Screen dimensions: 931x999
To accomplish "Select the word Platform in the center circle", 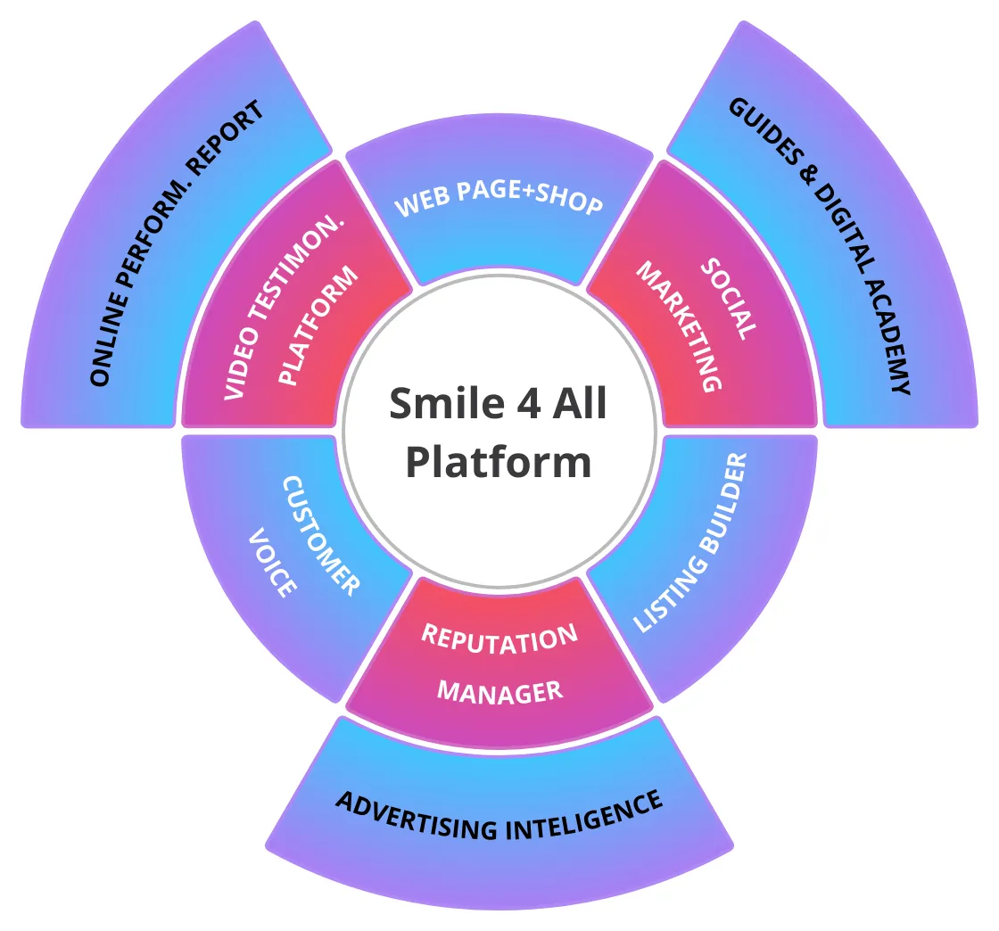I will (499, 463).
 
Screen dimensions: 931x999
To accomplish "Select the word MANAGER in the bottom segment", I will (500, 692).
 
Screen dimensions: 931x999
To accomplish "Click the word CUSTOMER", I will (321, 535).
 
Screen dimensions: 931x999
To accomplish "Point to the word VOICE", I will (272, 563).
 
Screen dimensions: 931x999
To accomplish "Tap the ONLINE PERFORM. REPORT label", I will (178, 243).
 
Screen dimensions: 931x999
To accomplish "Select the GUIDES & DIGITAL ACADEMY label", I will (821, 243).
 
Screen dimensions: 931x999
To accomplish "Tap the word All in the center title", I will (578, 405).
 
